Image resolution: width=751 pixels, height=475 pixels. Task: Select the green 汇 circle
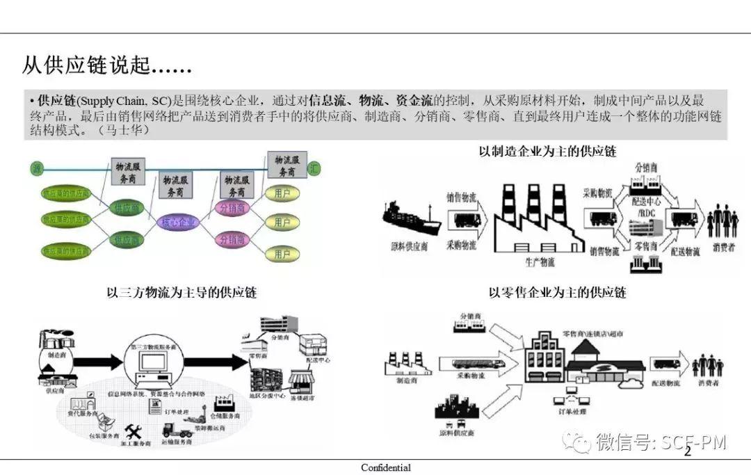[316, 168]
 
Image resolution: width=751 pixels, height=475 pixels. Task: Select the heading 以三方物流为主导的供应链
[181, 292]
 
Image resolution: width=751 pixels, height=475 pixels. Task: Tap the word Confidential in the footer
[386, 468]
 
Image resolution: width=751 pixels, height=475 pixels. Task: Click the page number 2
[688, 453]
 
